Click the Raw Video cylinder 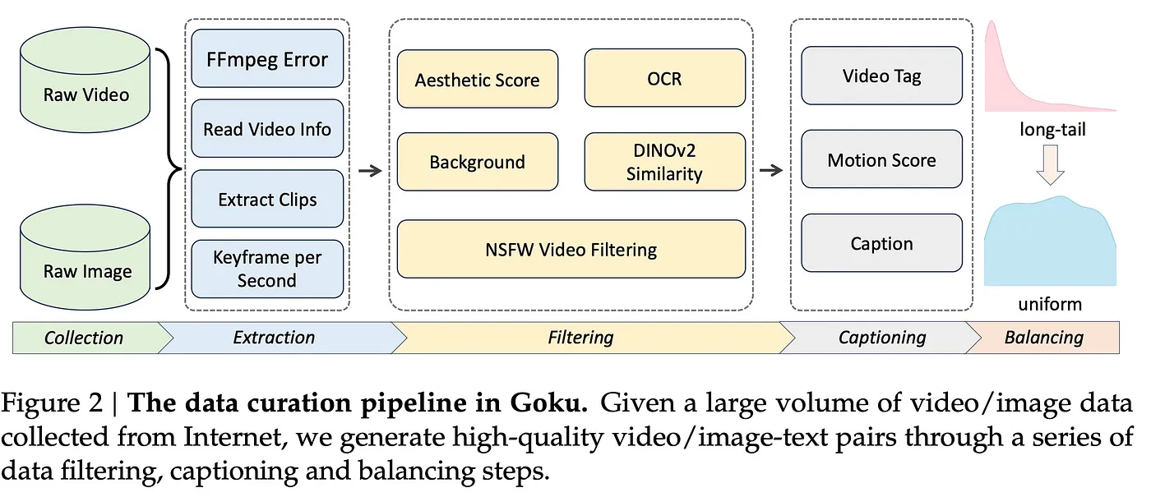tap(86, 80)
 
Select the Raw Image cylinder tap(86, 257)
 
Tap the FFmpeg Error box tap(267, 58)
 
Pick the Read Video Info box tap(267, 128)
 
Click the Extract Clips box tap(267, 199)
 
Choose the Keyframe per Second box tap(267, 269)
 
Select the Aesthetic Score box tap(478, 79)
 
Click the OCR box tap(665, 78)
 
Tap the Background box tap(478, 162)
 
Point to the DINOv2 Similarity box tap(665, 162)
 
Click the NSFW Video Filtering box tap(571, 250)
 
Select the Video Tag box tap(881, 76)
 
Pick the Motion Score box tap(881, 159)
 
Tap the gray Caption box tap(881, 243)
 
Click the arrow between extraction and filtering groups tap(370, 171)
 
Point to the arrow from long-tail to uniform tap(1051, 165)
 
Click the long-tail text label tap(1053, 129)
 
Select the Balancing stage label tap(1043, 338)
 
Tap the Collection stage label tap(84, 338)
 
